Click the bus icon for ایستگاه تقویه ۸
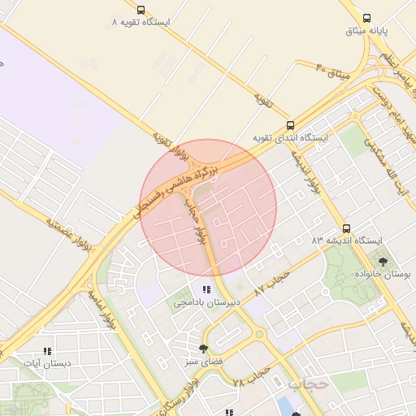tap(141, 11)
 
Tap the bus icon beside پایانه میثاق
tap(367, 18)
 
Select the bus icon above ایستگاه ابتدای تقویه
tap(290, 125)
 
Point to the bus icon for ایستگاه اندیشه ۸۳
tap(347, 228)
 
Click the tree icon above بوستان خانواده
tap(383, 262)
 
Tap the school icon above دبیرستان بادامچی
tap(207, 289)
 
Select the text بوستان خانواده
tap(383, 275)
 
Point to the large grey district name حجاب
tap(307, 382)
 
